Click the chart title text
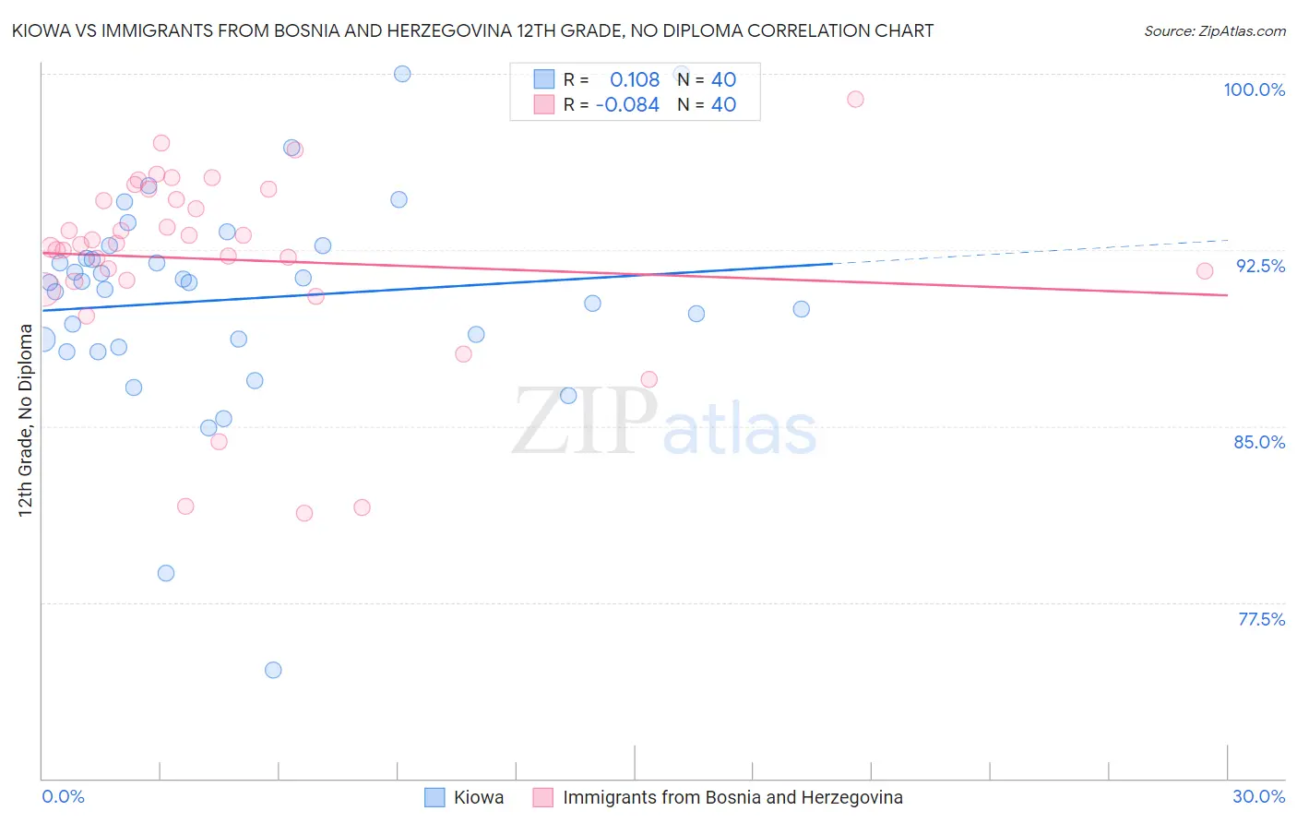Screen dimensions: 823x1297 point(472,31)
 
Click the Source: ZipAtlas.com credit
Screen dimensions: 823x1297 point(1214,31)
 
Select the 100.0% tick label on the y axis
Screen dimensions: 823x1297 point(1254,89)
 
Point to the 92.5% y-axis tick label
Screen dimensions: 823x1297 point(1260,266)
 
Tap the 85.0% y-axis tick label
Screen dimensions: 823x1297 point(1259,442)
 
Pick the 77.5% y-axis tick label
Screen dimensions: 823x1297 point(1261,619)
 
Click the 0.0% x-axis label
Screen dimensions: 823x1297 point(63,796)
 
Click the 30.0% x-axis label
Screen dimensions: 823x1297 point(1258,796)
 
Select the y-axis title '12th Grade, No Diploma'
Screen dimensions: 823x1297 point(26,420)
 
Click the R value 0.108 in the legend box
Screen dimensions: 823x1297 point(635,80)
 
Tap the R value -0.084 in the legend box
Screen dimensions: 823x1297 point(627,105)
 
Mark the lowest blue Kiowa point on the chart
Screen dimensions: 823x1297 point(273,670)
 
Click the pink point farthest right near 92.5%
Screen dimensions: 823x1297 point(1205,271)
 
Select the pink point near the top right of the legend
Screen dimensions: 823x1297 point(855,100)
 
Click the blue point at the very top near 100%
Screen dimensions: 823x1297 point(402,74)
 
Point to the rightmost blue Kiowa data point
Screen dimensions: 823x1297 point(802,309)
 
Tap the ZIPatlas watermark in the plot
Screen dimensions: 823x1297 point(664,423)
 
